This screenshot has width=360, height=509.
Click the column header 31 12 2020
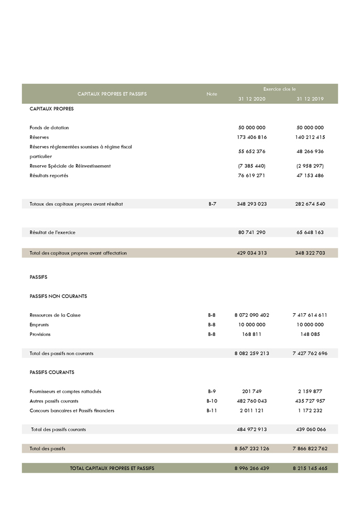[x=252, y=99]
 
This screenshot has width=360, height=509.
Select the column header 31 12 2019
[x=310, y=99]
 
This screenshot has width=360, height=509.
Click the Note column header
[x=211, y=94]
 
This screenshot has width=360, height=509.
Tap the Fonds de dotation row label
[x=49, y=128]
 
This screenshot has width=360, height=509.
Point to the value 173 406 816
[x=252, y=137]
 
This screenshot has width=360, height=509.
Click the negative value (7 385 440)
[x=252, y=166]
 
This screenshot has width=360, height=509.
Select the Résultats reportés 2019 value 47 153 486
[x=310, y=175]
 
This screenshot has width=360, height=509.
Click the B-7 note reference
[x=211, y=204]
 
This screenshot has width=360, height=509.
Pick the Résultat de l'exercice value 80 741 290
[x=252, y=232]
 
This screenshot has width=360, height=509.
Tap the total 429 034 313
[x=252, y=253]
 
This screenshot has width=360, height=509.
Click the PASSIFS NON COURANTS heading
[x=58, y=296]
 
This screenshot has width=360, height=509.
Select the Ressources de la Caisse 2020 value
[x=252, y=315]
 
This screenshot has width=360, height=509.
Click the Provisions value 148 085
[x=310, y=334]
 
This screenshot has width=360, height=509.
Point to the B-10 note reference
[x=211, y=401]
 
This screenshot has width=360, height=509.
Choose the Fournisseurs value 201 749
[x=252, y=391]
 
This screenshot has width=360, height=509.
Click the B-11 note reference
[x=211, y=410]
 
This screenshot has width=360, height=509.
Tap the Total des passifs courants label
[x=58, y=429]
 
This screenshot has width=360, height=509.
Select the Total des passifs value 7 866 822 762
[x=310, y=449]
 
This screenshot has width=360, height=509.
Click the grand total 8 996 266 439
[x=252, y=468]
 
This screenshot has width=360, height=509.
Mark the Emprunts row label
[x=39, y=324]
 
